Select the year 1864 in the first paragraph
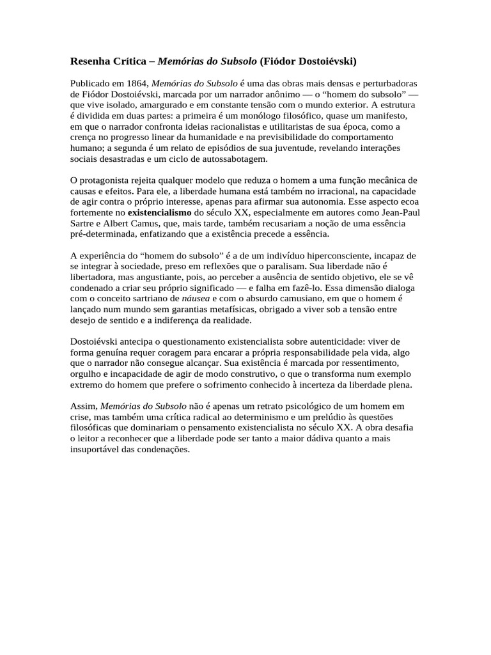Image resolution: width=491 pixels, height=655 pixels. pyautogui.click(x=137, y=84)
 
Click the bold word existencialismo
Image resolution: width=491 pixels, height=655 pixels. pyautogui.click(x=159, y=212)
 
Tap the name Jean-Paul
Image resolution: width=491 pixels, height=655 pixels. pyautogui.click(x=401, y=212)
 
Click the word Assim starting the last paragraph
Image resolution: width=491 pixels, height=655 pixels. pyautogui.click(x=82, y=406)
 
